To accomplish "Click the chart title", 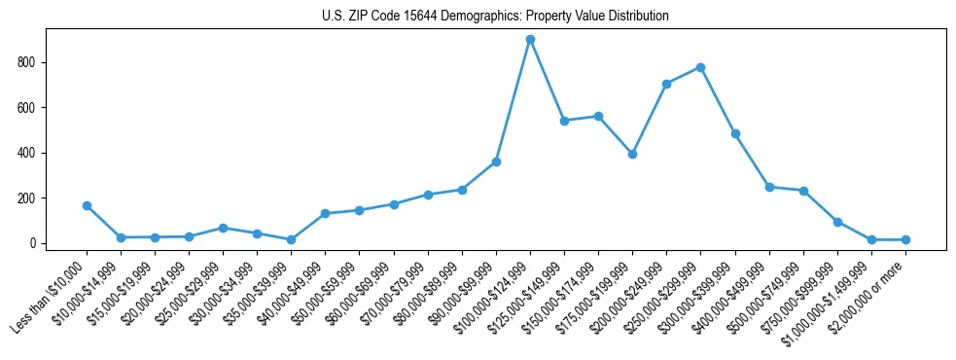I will (x=495, y=17).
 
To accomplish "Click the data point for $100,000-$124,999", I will (x=530, y=40).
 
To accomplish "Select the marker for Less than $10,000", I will (x=87, y=206).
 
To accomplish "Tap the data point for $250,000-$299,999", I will (x=701, y=67).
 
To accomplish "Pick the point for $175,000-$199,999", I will (x=632, y=154).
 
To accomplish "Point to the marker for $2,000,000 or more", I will (x=905, y=239).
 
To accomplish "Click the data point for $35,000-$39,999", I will (x=291, y=239).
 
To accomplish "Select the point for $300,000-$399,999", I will (x=735, y=133).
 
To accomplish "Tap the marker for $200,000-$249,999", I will (x=666, y=84).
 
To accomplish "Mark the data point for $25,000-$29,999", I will (x=223, y=228).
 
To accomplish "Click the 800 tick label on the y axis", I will (x=28, y=62).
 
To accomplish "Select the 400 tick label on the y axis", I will (x=28, y=153).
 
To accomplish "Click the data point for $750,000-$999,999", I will (x=837, y=222).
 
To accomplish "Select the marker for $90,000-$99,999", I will (x=496, y=162).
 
